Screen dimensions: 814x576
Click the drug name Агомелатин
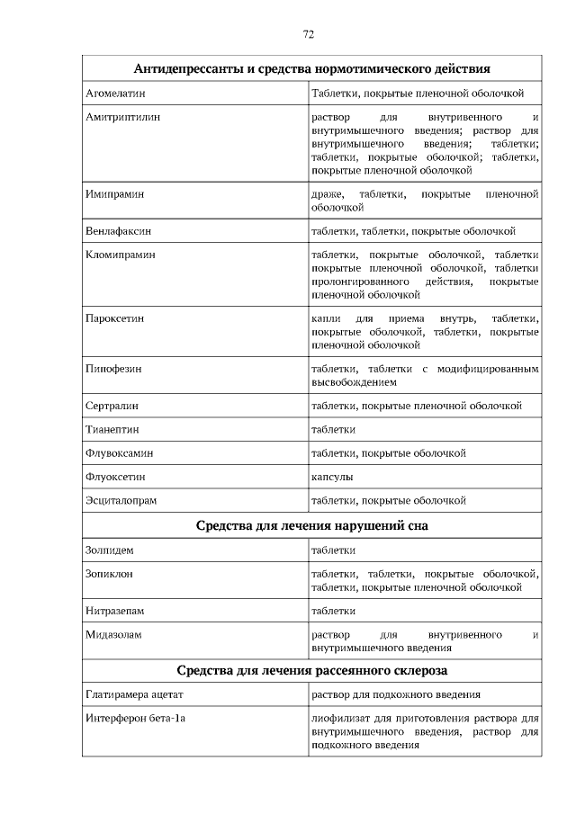coord(115,93)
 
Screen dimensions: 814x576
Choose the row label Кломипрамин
coord(121,255)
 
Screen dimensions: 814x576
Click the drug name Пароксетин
coord(115,318)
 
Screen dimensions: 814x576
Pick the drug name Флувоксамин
coord(119,452)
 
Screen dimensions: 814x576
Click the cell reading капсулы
coord(332,476)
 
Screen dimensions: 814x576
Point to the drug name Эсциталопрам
coord(121,499)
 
